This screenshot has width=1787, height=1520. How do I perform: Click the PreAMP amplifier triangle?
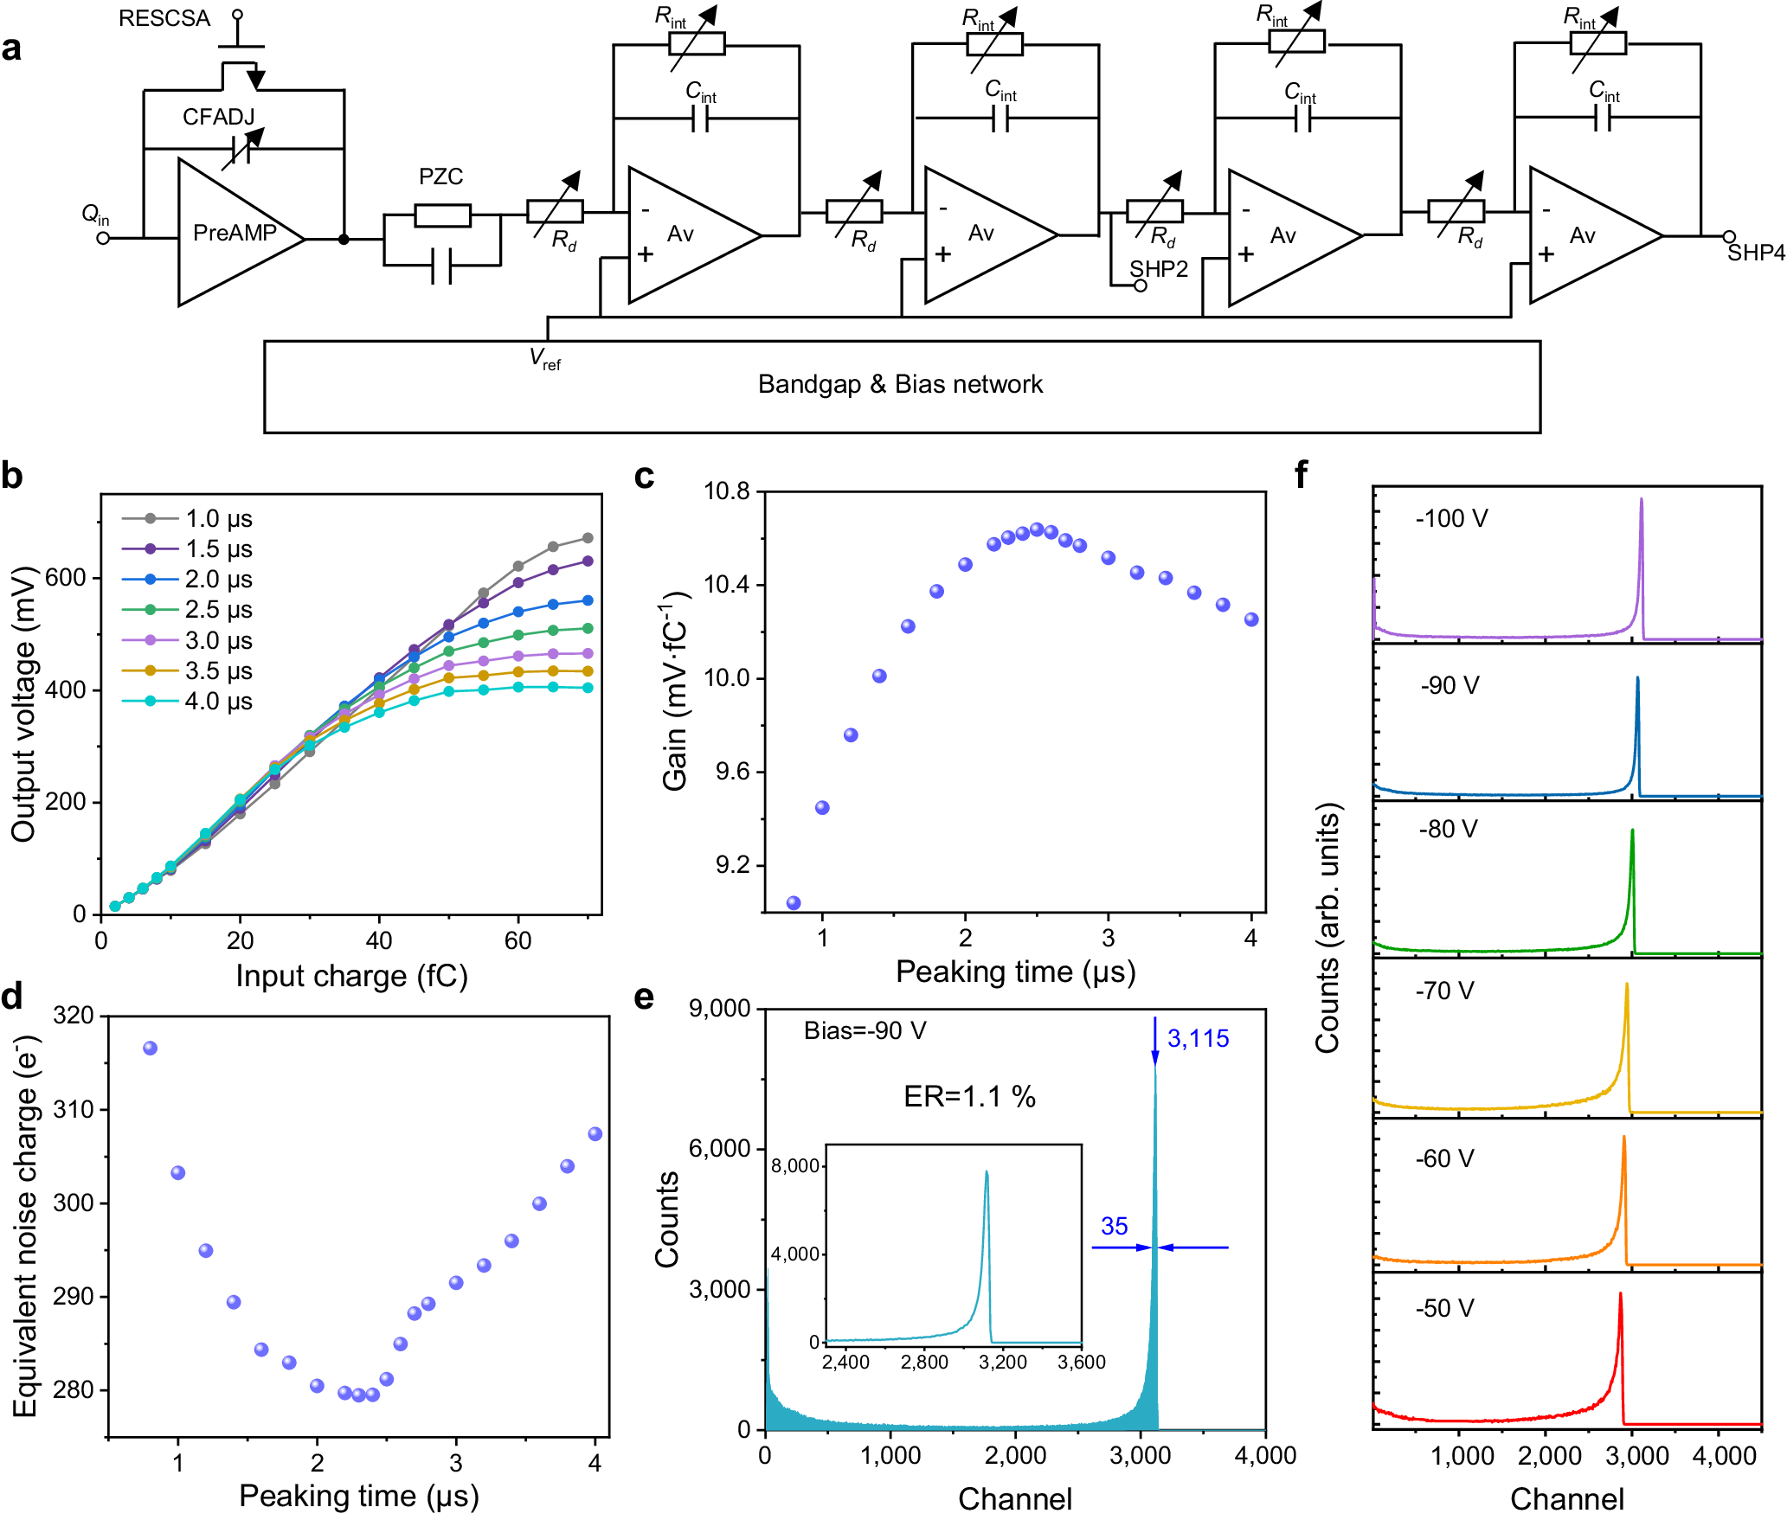coord(234,233)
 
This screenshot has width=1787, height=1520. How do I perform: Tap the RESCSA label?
coord(164,19)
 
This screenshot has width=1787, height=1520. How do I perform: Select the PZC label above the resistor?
coord(440,177)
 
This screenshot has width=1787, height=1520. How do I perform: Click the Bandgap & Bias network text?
coord(900,384)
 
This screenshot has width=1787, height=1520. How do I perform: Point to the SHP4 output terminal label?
coord(1756,253)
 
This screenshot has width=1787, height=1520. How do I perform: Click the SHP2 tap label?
coord(1159,269)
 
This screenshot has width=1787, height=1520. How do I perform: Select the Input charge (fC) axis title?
coord(351,976)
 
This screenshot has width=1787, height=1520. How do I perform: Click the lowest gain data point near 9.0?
coord(794,903)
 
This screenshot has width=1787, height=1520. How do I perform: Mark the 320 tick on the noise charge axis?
coord(74,1016)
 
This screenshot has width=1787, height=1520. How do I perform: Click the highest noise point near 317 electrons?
coord(150,1049)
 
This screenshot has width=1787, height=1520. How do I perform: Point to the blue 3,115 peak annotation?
coord(1198,1039)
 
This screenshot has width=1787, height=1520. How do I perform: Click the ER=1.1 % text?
coord(969,1097)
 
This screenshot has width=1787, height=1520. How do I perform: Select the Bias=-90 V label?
coord(865,1031)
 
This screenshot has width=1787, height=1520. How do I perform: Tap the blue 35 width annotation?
coord(1114,1227)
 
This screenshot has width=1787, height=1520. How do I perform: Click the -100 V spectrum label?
coord(1451,519)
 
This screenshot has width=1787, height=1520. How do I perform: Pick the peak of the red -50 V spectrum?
coord(1620,1294)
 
